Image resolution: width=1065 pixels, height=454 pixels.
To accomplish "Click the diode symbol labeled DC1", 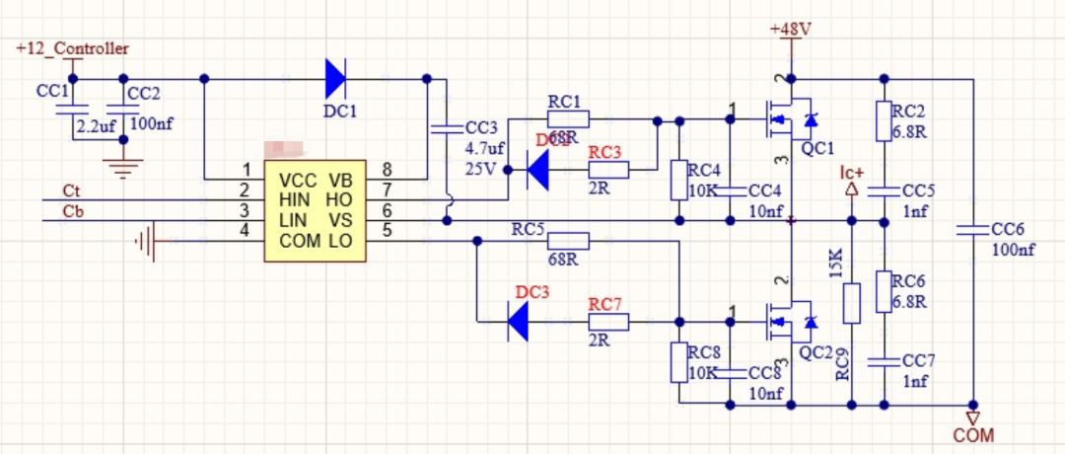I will tap(335, 78).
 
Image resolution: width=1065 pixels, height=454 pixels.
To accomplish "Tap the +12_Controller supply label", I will tap(72, 48).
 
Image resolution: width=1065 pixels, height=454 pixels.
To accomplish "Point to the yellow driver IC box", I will tap(315, 210).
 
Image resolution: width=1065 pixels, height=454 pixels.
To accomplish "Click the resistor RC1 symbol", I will tap(568, 120).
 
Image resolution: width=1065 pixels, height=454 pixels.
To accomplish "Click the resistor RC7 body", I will tap(609, 321).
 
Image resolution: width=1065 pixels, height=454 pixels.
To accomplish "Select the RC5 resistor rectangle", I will tap(568, 240).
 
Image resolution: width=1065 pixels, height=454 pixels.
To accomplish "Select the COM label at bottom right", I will tap(973, 434).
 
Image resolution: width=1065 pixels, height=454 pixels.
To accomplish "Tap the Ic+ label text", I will tap(852, 174).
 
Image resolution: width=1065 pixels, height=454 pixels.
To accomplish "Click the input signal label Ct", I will tap(71, 190).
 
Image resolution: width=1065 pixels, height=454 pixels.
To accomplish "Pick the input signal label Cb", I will tap(72, 211).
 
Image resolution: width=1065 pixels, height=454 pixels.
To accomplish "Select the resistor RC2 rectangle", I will tap(885, 120).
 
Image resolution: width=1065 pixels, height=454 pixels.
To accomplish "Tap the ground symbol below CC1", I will tap(122, 169).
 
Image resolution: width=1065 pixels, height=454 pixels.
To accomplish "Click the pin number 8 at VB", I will tap(387, 169).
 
